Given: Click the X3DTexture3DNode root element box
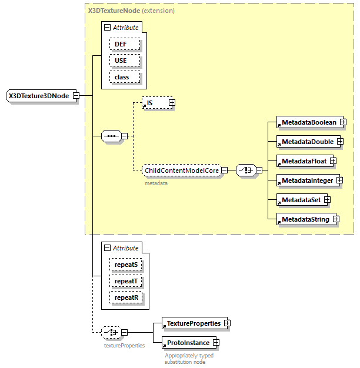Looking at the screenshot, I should pyautogui.click(x=39, y=96).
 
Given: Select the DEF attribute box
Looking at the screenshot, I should pyautogui.click(x=124, y=44).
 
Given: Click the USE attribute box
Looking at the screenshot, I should pyautogui.click(x=124, y=61).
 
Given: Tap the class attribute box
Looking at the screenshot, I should pyautogui.click(x=124, y=77).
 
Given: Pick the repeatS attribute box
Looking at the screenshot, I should pyautogui.click(x=126, y=265).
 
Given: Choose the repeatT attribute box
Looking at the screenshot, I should pyautogui.click(x=126, y=281).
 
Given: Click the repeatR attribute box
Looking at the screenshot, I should pyautogui.click(x=126, y=297).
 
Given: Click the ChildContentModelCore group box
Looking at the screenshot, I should pyautogui.click(x=182, y=170).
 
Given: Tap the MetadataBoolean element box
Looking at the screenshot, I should pyautogui.click(x=308, y=122).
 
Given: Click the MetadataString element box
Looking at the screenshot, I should pyautogui.click(x=304, y=219).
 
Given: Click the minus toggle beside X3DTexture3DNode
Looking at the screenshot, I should pyautogui.click(x=76, y=96).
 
